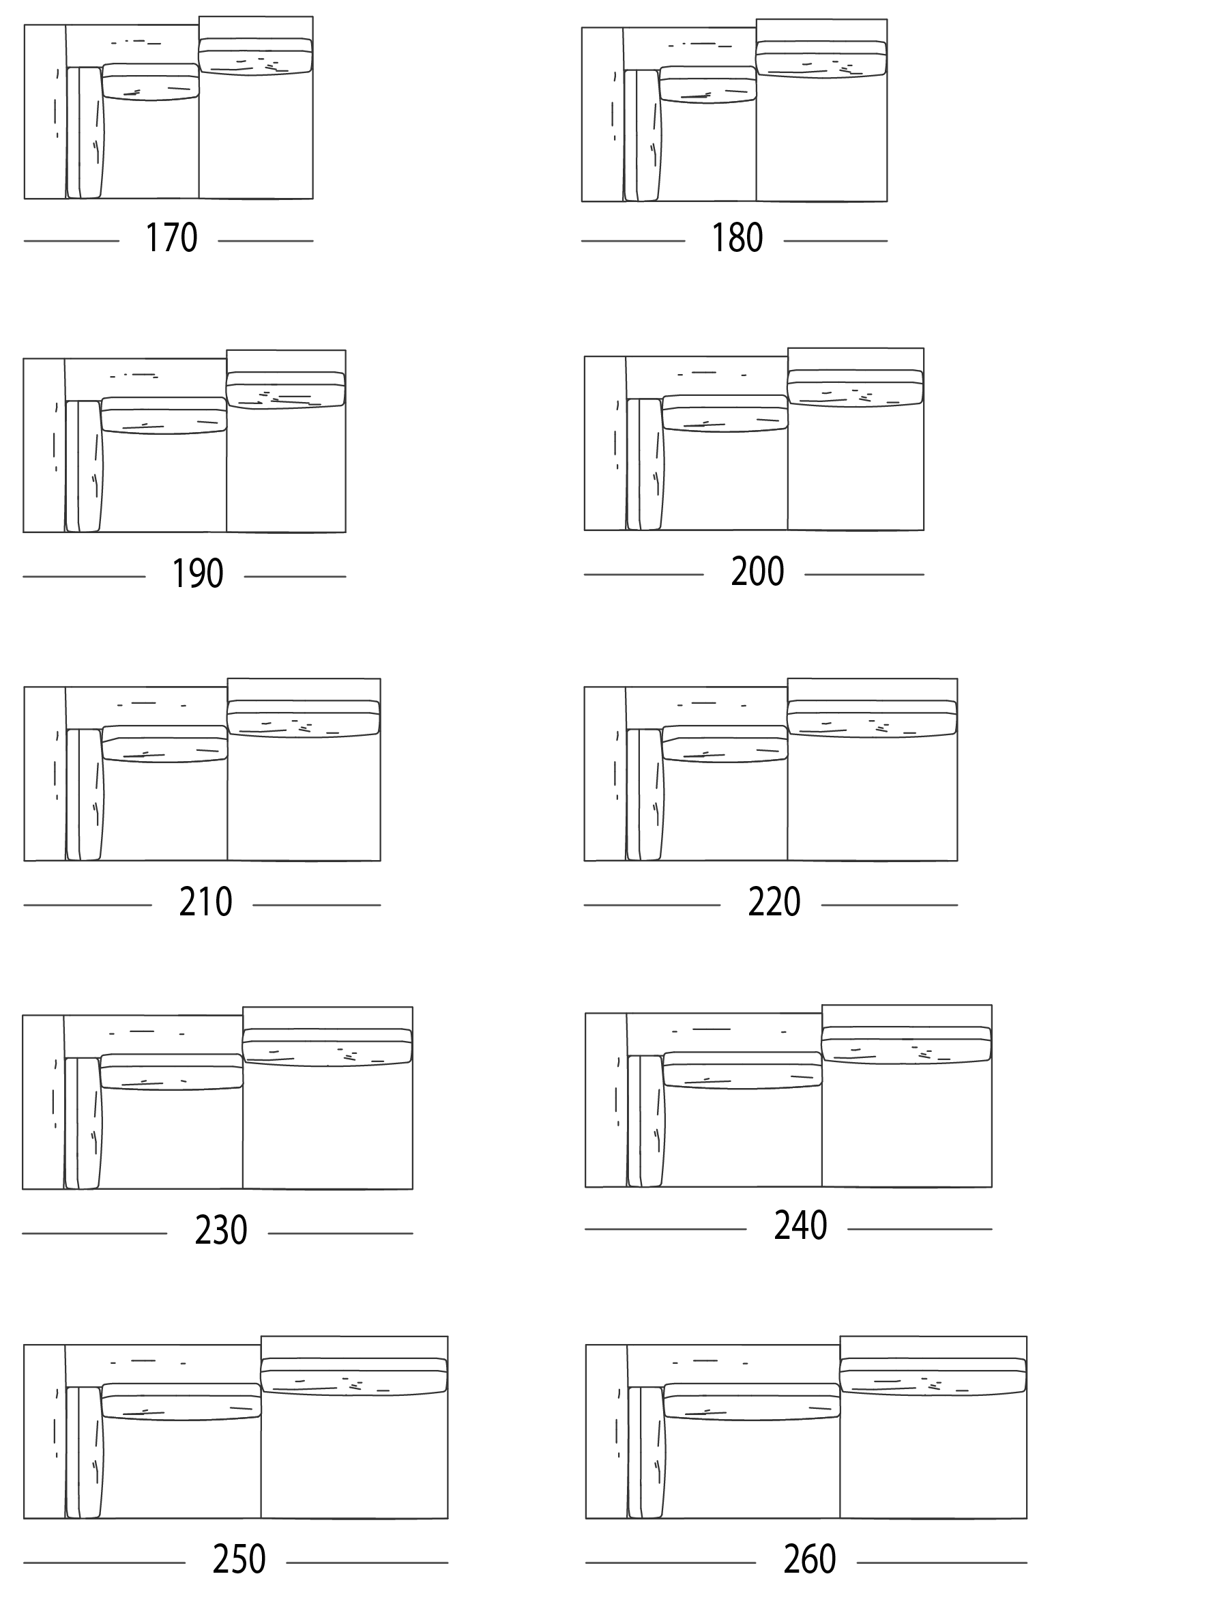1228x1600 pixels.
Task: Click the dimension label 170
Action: [x=171, y=238]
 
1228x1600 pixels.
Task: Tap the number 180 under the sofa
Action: [x=737, y=238]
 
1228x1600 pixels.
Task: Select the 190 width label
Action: [x=196, y=573]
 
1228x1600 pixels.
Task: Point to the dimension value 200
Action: [x=757, y=571]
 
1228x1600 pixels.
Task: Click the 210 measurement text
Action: [x=205, y=902]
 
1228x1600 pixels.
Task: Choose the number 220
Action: [x=774, y=902]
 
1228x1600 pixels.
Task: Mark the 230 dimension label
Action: [x=221, y=1230]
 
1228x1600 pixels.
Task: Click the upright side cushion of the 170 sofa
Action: [x=85, y=132]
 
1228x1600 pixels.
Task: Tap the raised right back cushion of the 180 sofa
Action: [x=821, y=59]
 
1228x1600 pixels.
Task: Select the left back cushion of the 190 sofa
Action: [x=164, y=415]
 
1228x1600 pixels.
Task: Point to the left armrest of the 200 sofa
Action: [x=605, y=443]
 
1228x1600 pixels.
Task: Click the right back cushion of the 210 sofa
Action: [x=304, y=717]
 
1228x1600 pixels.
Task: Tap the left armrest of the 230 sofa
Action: [x=44, y=1102]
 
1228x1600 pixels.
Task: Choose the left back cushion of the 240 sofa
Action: [x=743, y=1070]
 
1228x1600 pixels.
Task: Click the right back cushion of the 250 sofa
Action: [x=354, y=1375]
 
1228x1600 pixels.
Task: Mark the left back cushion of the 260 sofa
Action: [x=752, y=1402]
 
